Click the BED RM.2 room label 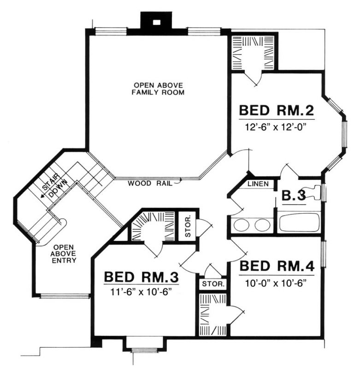pos(276,110)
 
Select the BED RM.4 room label pos(277,266)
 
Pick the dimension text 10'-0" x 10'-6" pos(276,283)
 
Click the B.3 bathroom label pos(294,196)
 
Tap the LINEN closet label pos(258,184)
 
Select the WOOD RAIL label pos(150,183)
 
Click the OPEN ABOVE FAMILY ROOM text pos(158,89)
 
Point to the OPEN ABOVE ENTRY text pos(64,254)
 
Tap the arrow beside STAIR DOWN pos(43,195)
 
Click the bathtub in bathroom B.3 pos(299,222)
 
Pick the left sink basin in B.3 pos(241,225)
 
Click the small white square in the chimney pos(156,22)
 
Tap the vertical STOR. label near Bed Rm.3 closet pos(188,226)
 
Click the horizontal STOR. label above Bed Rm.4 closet pos(213,284)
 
